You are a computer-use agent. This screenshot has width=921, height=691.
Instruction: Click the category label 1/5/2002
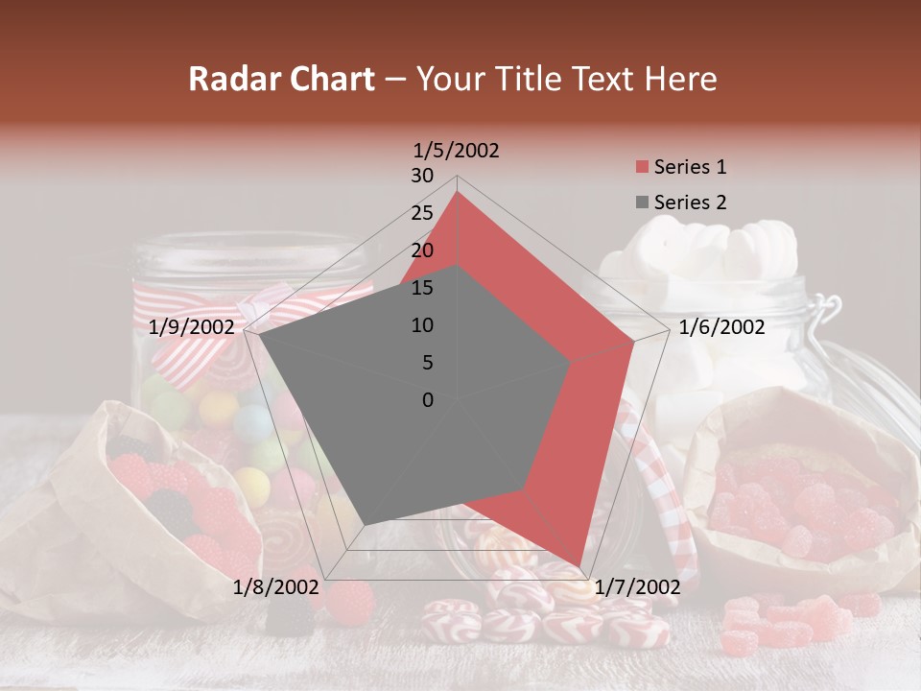(457, 151)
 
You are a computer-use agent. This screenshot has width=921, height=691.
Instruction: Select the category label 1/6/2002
(721, 327)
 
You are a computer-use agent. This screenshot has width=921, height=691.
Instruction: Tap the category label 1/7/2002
(637, 587)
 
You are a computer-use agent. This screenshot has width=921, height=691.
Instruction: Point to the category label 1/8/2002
(275, 587)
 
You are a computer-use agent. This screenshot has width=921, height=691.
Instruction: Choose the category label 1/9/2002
(192, 327)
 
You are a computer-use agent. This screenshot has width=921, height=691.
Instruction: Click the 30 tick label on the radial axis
(421, 176)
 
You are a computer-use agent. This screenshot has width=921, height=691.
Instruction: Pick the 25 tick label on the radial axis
(421, 213)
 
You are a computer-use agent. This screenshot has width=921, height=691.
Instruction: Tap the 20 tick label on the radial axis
(421, 250)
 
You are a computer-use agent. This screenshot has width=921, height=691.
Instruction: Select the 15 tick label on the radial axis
(421, 288)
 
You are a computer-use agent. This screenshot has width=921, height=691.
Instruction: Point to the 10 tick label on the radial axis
(421, 325)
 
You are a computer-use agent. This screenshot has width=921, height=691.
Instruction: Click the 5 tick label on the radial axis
(427, 363)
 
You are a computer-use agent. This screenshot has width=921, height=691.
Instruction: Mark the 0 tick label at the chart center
(427, 400)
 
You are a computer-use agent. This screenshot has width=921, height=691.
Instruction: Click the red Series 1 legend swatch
(642, 167)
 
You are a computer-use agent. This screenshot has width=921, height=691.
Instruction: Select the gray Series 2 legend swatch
(642, 203)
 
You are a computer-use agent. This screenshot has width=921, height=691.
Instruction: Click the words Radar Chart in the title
(280, 79)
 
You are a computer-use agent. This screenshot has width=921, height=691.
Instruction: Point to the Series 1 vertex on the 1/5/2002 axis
(457, 192)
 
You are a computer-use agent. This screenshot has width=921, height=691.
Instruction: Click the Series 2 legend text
(690, 203)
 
